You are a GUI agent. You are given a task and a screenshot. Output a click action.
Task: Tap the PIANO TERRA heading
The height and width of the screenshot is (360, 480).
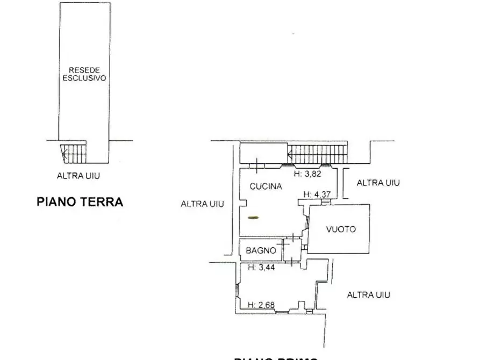(80, 202)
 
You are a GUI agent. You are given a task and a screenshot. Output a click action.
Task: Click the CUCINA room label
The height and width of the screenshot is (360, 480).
(266, 186)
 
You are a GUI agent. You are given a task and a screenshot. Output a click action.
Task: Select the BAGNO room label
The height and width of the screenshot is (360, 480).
(261, 250)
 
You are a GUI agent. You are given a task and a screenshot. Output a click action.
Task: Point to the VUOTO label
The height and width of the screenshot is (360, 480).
(341, 229)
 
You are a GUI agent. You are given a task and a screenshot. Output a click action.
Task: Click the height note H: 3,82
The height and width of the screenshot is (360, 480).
(308, 174)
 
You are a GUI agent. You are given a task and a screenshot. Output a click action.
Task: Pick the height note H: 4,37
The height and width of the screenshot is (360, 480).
(317, 195)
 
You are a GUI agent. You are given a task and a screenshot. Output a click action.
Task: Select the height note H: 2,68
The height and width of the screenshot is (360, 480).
(261, 305)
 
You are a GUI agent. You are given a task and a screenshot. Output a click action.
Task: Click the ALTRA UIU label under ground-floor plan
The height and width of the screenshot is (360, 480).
(78, 175)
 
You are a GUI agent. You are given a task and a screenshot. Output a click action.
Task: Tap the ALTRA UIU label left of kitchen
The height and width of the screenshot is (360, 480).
(202, 204)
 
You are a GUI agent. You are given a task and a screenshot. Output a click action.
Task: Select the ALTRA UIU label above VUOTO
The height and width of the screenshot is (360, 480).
(378, 183)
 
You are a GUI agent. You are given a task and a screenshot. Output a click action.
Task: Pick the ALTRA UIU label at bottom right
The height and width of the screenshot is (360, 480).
(368, 294)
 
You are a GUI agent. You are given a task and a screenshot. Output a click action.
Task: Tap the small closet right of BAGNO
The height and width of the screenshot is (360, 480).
(292, 250)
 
